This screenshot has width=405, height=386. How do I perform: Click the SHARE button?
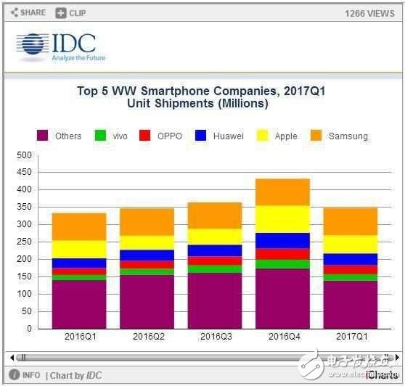pos(28,12)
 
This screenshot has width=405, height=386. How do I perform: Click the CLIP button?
pos(70,12)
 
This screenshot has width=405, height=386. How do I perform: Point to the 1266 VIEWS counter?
pos(370,13)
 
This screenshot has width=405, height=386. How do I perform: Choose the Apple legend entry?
pos(278,136)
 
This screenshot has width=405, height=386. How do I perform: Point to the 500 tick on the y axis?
pos(24,155)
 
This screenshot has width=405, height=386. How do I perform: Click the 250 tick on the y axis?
pos(24,242)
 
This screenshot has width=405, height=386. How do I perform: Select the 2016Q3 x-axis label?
pos(215,337)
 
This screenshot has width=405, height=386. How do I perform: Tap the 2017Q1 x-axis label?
pos(351,337)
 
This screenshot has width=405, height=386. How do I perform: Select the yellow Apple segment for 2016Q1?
pos(79,249)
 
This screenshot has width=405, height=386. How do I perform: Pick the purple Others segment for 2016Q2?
pos(147,302)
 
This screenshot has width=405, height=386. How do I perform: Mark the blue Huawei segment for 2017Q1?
pos(351,259)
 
